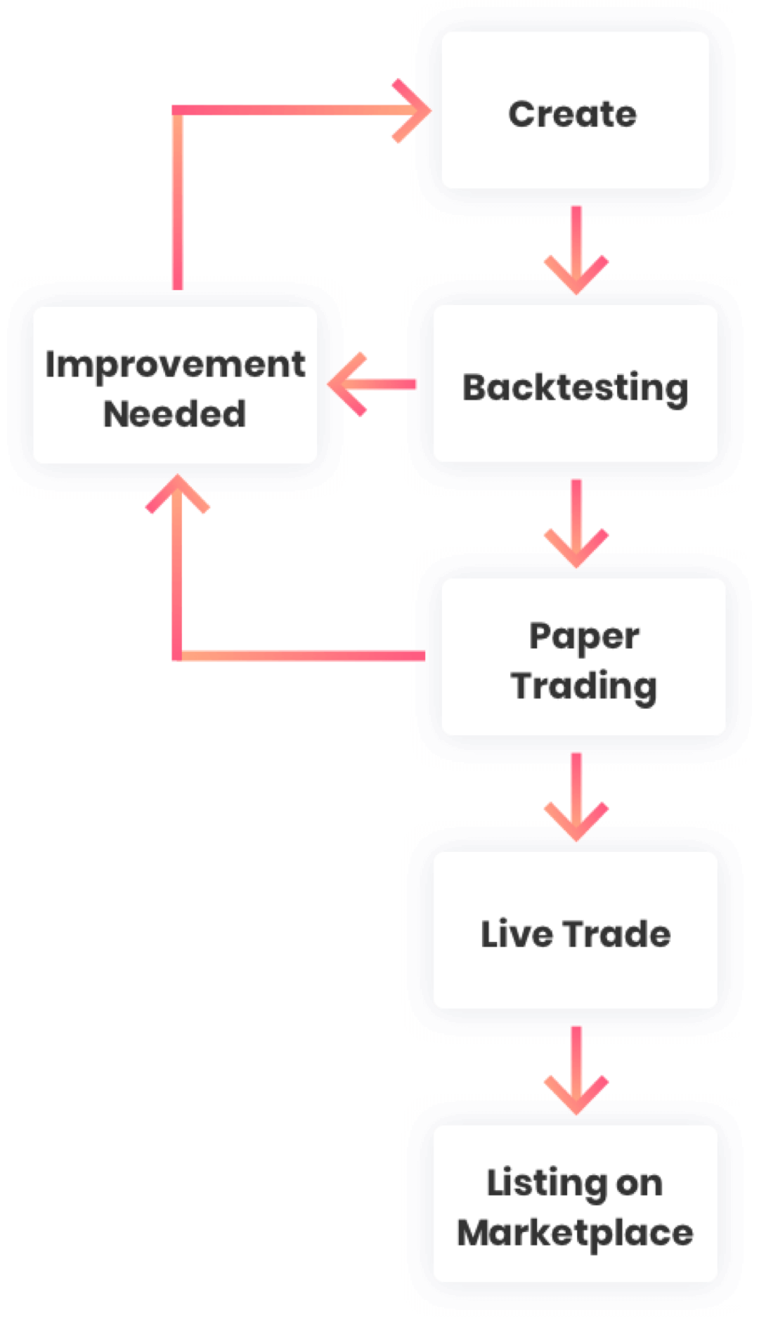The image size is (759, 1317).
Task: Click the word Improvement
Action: click(175, 365)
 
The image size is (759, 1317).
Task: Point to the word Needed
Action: click(175, 414)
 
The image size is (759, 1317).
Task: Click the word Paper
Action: click(584, 637)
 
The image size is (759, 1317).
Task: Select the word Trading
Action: click(584, 686)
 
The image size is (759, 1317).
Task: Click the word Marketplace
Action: click(575, 1233)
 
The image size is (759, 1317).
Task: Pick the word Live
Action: click(517, 934)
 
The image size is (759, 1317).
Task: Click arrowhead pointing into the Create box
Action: click(415, 111)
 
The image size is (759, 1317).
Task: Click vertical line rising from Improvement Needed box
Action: click(178, 204)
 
